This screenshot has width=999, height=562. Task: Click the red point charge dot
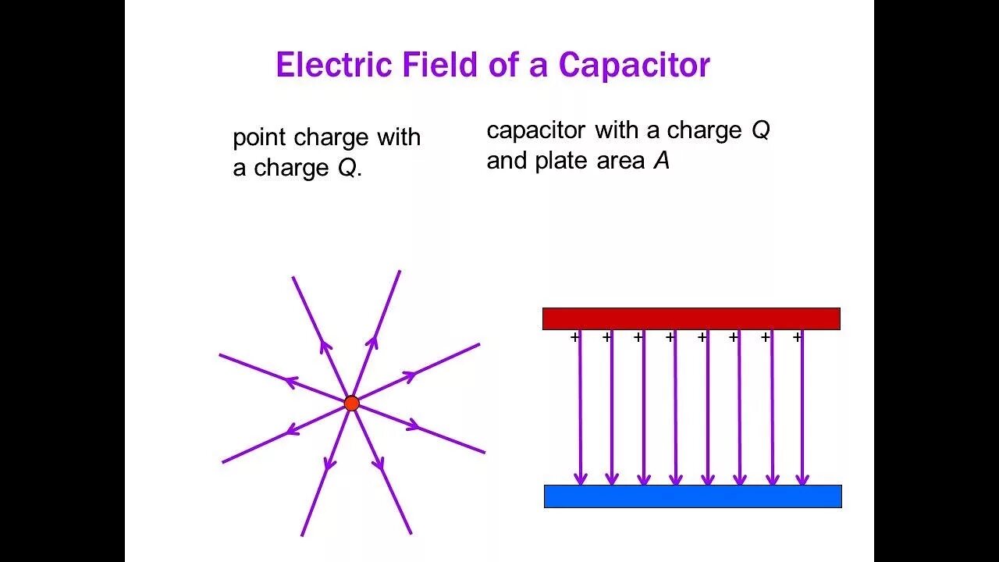tap(352, 403)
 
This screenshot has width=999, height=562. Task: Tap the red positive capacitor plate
tap(691, 318)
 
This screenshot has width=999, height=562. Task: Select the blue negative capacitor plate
tap(692, 496)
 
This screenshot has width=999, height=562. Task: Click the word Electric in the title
tap(335, 65)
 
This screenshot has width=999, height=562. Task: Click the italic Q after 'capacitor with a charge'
tap(760, 130)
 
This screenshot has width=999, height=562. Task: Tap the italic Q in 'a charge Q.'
tap(347, 169)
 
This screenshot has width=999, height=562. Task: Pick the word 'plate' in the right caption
tap(558, 162)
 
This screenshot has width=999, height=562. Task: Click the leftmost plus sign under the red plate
tap(575, 337)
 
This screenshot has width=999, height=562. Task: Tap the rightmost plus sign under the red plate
tap(797, 337)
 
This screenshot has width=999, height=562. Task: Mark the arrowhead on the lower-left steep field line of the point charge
tap(330, 463)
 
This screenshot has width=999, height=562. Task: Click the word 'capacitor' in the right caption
tap(535, 130)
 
